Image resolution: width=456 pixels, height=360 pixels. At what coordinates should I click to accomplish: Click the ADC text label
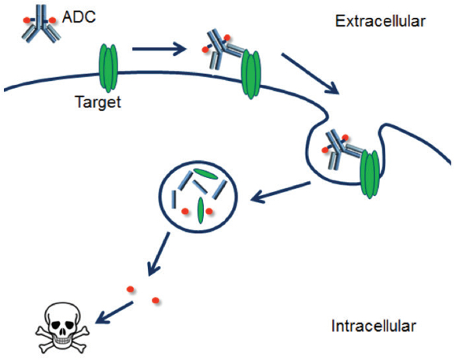click(78, 15)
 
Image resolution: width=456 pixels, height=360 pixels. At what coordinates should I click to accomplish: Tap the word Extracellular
click(380, 21)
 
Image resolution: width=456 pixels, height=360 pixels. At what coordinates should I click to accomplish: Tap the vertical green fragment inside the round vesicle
click(200, 210)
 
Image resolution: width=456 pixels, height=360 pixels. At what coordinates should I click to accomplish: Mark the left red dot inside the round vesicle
click(184, 211)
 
